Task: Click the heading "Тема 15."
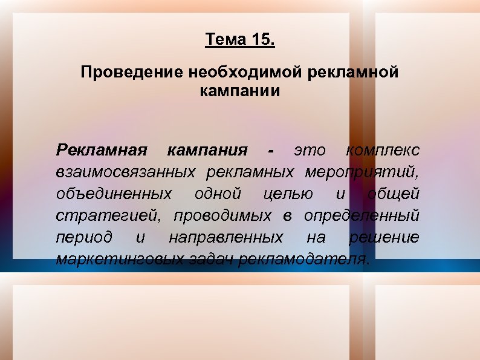point(239,41)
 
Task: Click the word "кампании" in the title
point(239,92)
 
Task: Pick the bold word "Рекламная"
point(102,149)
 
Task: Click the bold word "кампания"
point(207,149)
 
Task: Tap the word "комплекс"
point(383,149)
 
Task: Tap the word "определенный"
point(361,215)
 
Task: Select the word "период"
point(84,237)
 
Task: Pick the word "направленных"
point(225,237)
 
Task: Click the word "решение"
point(384,237)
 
